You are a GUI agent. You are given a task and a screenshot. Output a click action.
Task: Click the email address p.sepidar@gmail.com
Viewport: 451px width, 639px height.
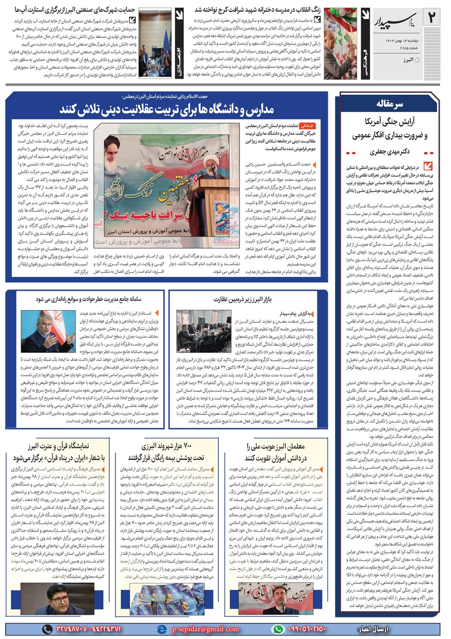(x=205, y=629)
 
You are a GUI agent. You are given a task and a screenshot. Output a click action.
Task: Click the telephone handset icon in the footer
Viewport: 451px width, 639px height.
(x=47, y=629)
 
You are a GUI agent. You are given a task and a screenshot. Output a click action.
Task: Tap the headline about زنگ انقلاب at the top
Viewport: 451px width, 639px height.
(x=258, y=9)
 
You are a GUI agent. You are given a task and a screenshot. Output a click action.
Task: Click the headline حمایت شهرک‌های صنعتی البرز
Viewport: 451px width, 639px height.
(x=75, y=9)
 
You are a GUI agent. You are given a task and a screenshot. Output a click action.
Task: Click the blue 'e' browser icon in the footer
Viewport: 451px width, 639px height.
(x=161, y=629)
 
